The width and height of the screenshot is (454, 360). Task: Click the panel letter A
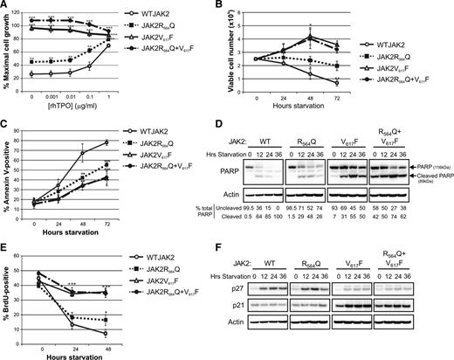[6, 7]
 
